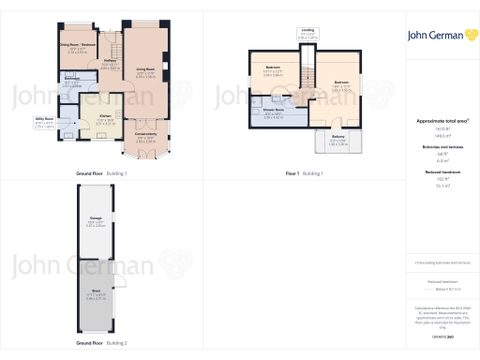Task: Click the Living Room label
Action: coord(145,69)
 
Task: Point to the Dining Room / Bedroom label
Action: coord(78,45)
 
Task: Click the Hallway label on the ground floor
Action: coord(109,61)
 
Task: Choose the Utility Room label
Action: coord(70,118)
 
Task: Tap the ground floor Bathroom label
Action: coord(71,79)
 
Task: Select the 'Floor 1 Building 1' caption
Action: coord(304,174)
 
